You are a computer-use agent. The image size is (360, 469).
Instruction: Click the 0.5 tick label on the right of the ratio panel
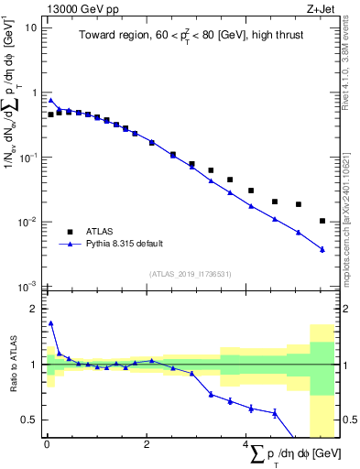[x=348, y=420]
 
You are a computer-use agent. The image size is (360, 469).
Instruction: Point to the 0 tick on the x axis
[x=47, y=444]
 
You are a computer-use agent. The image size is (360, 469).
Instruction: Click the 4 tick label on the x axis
[x=246, y=444]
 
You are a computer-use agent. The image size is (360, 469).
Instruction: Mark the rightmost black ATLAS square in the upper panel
[x=322, y=221]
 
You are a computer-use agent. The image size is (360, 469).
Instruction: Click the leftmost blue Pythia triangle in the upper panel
[x=51, y=101]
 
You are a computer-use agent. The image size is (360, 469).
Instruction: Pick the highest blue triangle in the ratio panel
[x=51, y=322]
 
